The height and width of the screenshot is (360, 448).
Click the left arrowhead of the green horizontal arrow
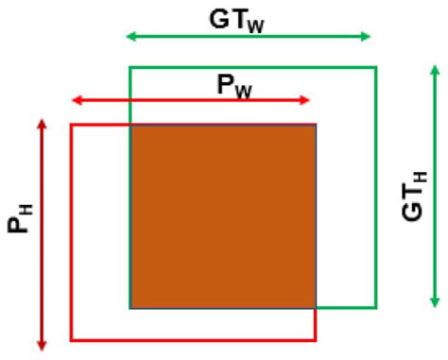[130, 37]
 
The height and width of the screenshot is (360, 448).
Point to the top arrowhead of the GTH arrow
[435, 69]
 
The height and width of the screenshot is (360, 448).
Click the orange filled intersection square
[223, 216]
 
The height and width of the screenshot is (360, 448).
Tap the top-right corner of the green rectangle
[376, 67]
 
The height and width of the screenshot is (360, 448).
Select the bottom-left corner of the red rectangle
[72, 339]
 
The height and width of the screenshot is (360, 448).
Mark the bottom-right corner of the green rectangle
[376, 308]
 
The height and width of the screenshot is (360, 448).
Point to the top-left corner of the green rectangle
[129, 67]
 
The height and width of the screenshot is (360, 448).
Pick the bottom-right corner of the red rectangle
[316, 339]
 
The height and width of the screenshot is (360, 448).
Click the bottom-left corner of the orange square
[130, 308]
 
